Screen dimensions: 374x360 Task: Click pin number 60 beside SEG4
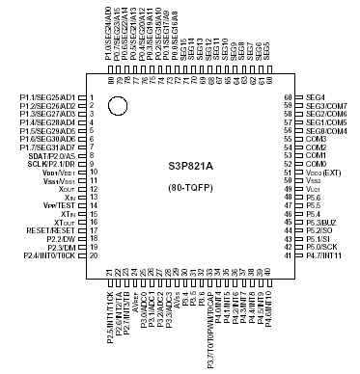click(288, 98)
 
